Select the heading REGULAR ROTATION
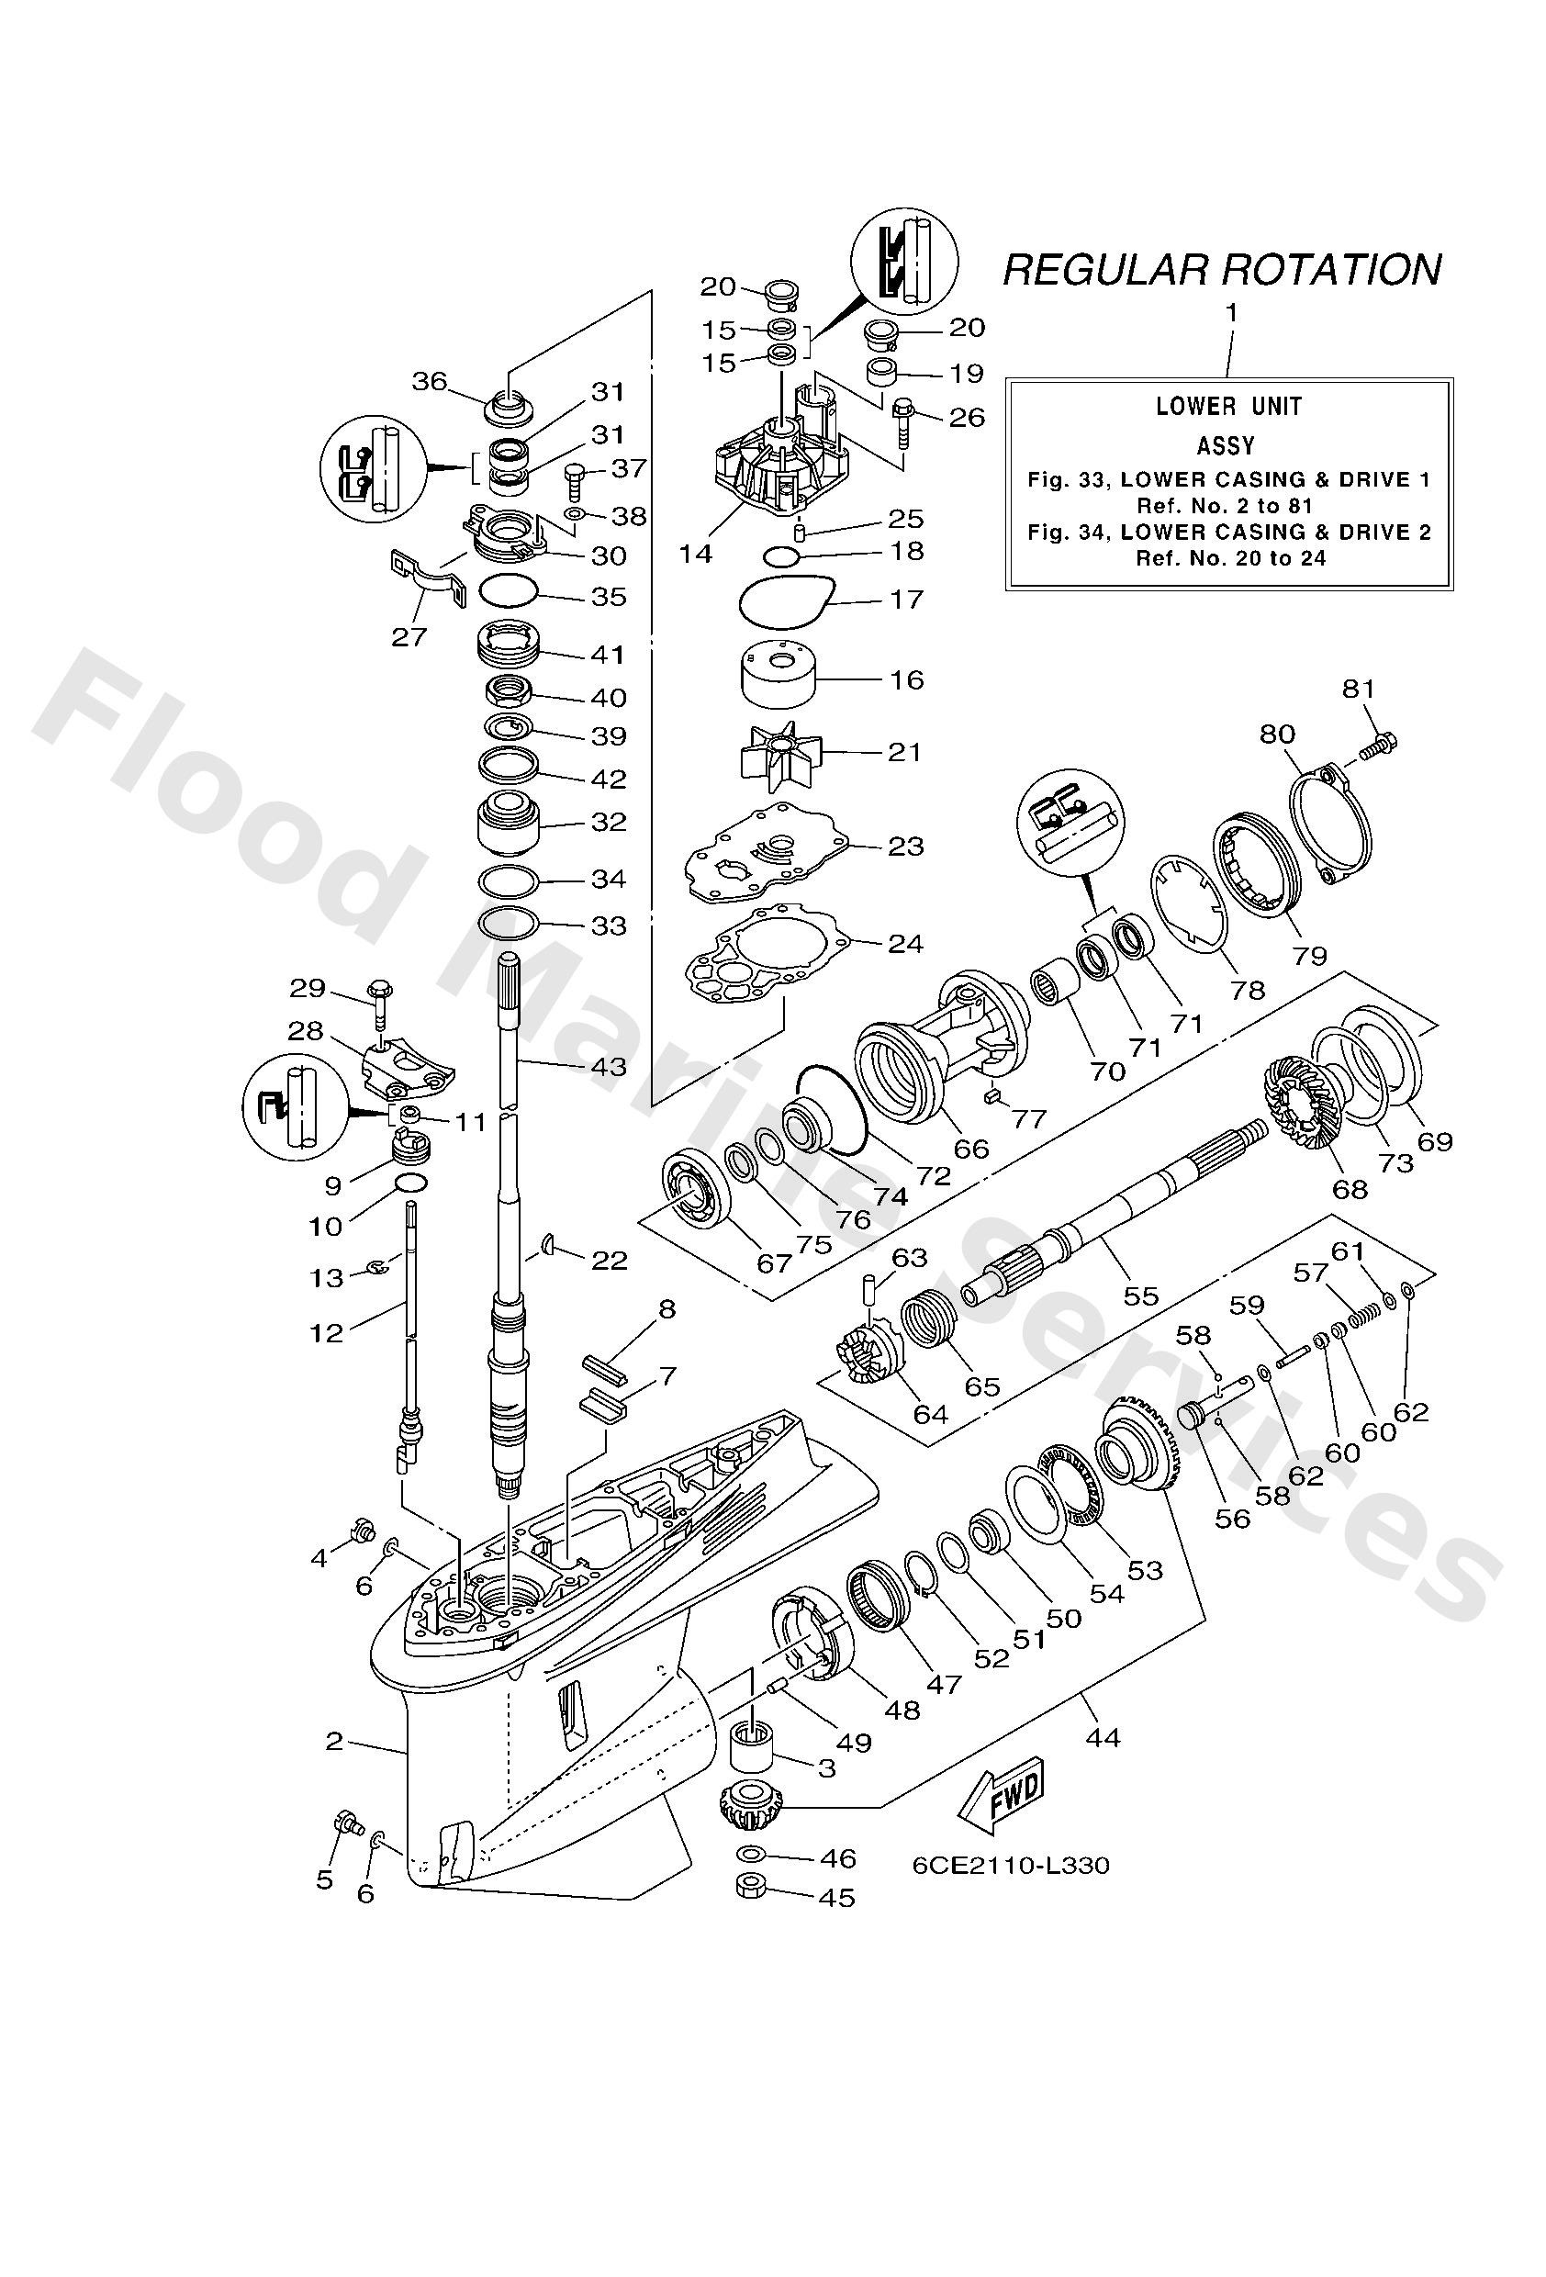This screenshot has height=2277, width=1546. pos(1221,269)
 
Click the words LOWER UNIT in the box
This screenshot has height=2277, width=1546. pos(1228,406)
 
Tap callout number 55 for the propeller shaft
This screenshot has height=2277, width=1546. pos(1140,1296)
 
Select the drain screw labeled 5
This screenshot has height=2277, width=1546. pos(347,1823)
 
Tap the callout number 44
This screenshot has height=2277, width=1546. pos(1103,1737)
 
